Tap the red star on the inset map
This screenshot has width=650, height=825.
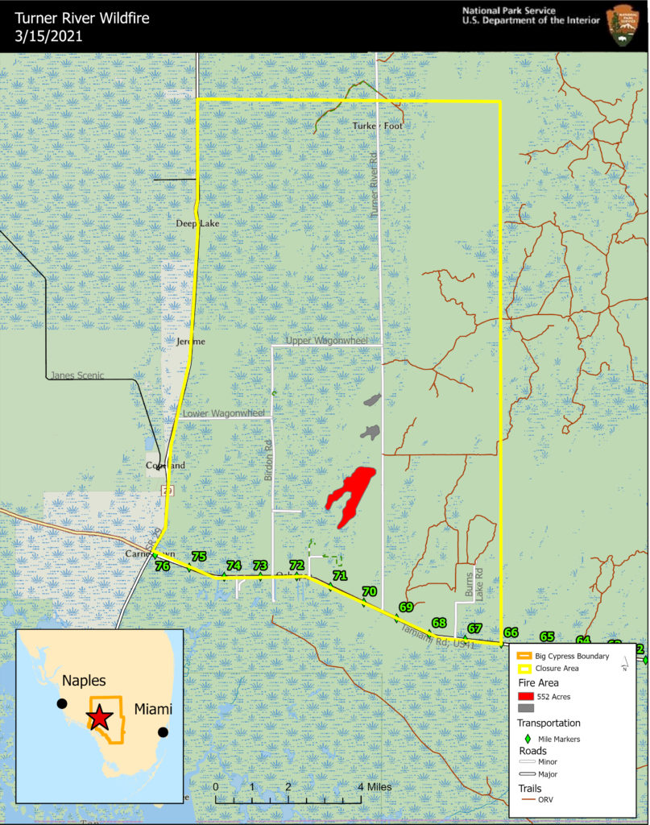click(x=99, y=717)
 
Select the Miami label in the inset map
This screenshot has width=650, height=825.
click(x=153, y=709)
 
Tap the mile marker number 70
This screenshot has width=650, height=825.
click(x=370, y=591)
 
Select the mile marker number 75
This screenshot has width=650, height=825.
click(x=199, y=557)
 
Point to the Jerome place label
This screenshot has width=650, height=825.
click(x=191, y=341)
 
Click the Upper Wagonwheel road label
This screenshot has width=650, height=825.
click(x=325, y=341)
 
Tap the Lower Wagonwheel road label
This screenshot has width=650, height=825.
click(x=224, y=413)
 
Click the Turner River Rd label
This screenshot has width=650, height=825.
click(x=373, y=184)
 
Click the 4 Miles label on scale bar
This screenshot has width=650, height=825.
click(x=374, y=787)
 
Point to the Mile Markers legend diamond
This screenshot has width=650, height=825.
click(x=528, y=738)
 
